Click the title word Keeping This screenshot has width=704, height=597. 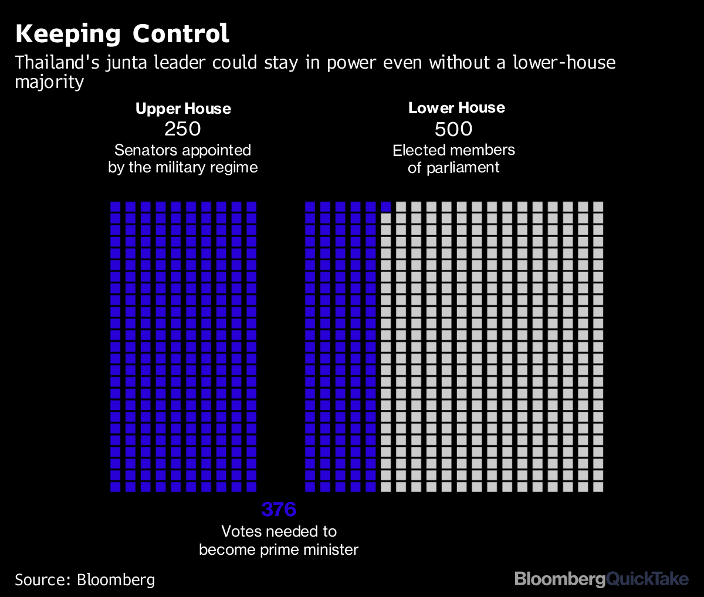tap(68, 34)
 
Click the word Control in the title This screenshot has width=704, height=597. tap(181, 34)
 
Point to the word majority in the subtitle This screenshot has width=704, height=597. tap(49, 82)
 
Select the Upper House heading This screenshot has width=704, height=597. tap(183, 108)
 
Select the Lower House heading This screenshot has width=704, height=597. tap(456, 108)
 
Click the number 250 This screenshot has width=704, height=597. tap(183, 129)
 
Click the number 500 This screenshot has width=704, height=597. tap(454, 129)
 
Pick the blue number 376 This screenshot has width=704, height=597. tap(279, 510)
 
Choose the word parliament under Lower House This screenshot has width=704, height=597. tap(463, 168)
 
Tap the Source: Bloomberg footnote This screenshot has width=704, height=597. tap(85, 580)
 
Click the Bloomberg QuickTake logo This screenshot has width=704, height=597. tap(601, 579)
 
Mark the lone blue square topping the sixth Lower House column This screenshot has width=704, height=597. tap(386, 206)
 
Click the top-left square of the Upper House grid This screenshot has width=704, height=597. tap(116, 206)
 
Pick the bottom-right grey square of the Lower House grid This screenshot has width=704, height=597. tap(598, 487)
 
